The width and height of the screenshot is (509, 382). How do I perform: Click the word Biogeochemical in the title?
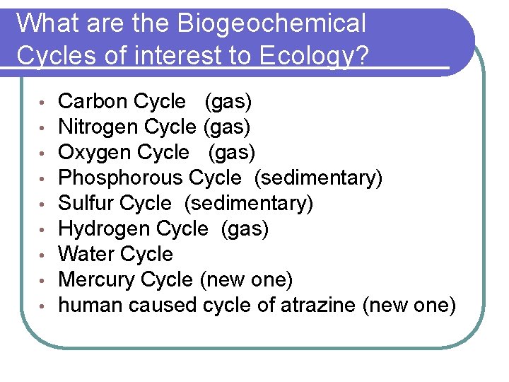point(271,24)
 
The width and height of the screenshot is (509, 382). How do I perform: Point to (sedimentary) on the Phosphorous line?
point(318,178)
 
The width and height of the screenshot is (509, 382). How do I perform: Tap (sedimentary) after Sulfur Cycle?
point(248,204)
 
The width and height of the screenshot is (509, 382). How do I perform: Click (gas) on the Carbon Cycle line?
point(228,102)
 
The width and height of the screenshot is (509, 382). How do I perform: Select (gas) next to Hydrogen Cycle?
point(245,229)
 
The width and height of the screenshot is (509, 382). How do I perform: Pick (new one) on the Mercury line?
point(246,280)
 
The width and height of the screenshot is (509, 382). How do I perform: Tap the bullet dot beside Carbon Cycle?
point(43,103)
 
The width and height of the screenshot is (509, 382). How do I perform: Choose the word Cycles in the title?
point(57,55)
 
